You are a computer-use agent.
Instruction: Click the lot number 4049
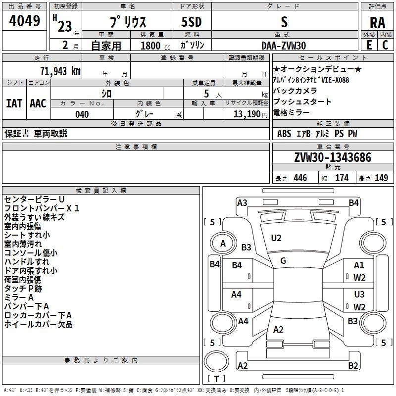[25, 21]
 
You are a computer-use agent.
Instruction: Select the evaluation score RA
[377, 23]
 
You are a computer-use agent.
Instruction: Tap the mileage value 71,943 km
[60, 71]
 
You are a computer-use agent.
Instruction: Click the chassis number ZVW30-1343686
[332, 157]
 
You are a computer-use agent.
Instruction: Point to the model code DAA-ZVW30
[284, 46]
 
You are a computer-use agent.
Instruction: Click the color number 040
[82, 114]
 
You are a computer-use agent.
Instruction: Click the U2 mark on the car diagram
[276, 238]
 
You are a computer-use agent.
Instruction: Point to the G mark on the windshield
[283, 260]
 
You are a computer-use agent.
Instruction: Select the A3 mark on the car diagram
[242, 202]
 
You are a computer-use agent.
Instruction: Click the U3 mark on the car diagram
[359, 295]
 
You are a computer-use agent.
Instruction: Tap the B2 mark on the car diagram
[353, 366]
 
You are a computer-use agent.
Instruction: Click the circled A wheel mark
[223, 243]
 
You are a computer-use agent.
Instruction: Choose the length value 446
[300, 178]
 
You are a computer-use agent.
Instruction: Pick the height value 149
[381, 178]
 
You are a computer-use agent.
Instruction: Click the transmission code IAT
[14, 103]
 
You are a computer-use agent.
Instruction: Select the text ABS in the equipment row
[284, 134]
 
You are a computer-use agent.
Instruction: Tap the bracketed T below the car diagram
[216, 379]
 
